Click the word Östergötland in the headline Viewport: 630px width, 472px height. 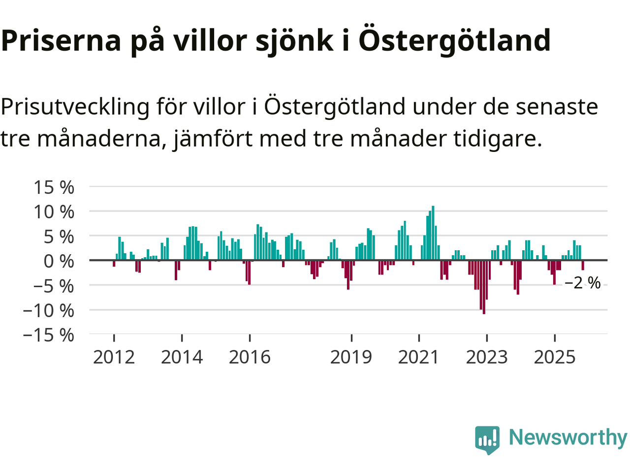454,40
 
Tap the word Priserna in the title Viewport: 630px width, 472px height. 61,40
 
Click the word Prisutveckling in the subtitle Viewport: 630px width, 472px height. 75,107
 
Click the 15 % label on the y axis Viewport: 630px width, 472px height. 54,187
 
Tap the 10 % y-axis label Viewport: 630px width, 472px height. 54,212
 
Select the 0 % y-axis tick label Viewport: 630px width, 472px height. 59,261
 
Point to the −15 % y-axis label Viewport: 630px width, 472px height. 48,335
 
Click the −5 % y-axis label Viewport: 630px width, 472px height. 53,286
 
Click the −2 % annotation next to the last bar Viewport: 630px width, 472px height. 582,283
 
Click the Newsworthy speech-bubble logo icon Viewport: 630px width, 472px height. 487,439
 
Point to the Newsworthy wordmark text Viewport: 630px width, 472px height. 567,437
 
